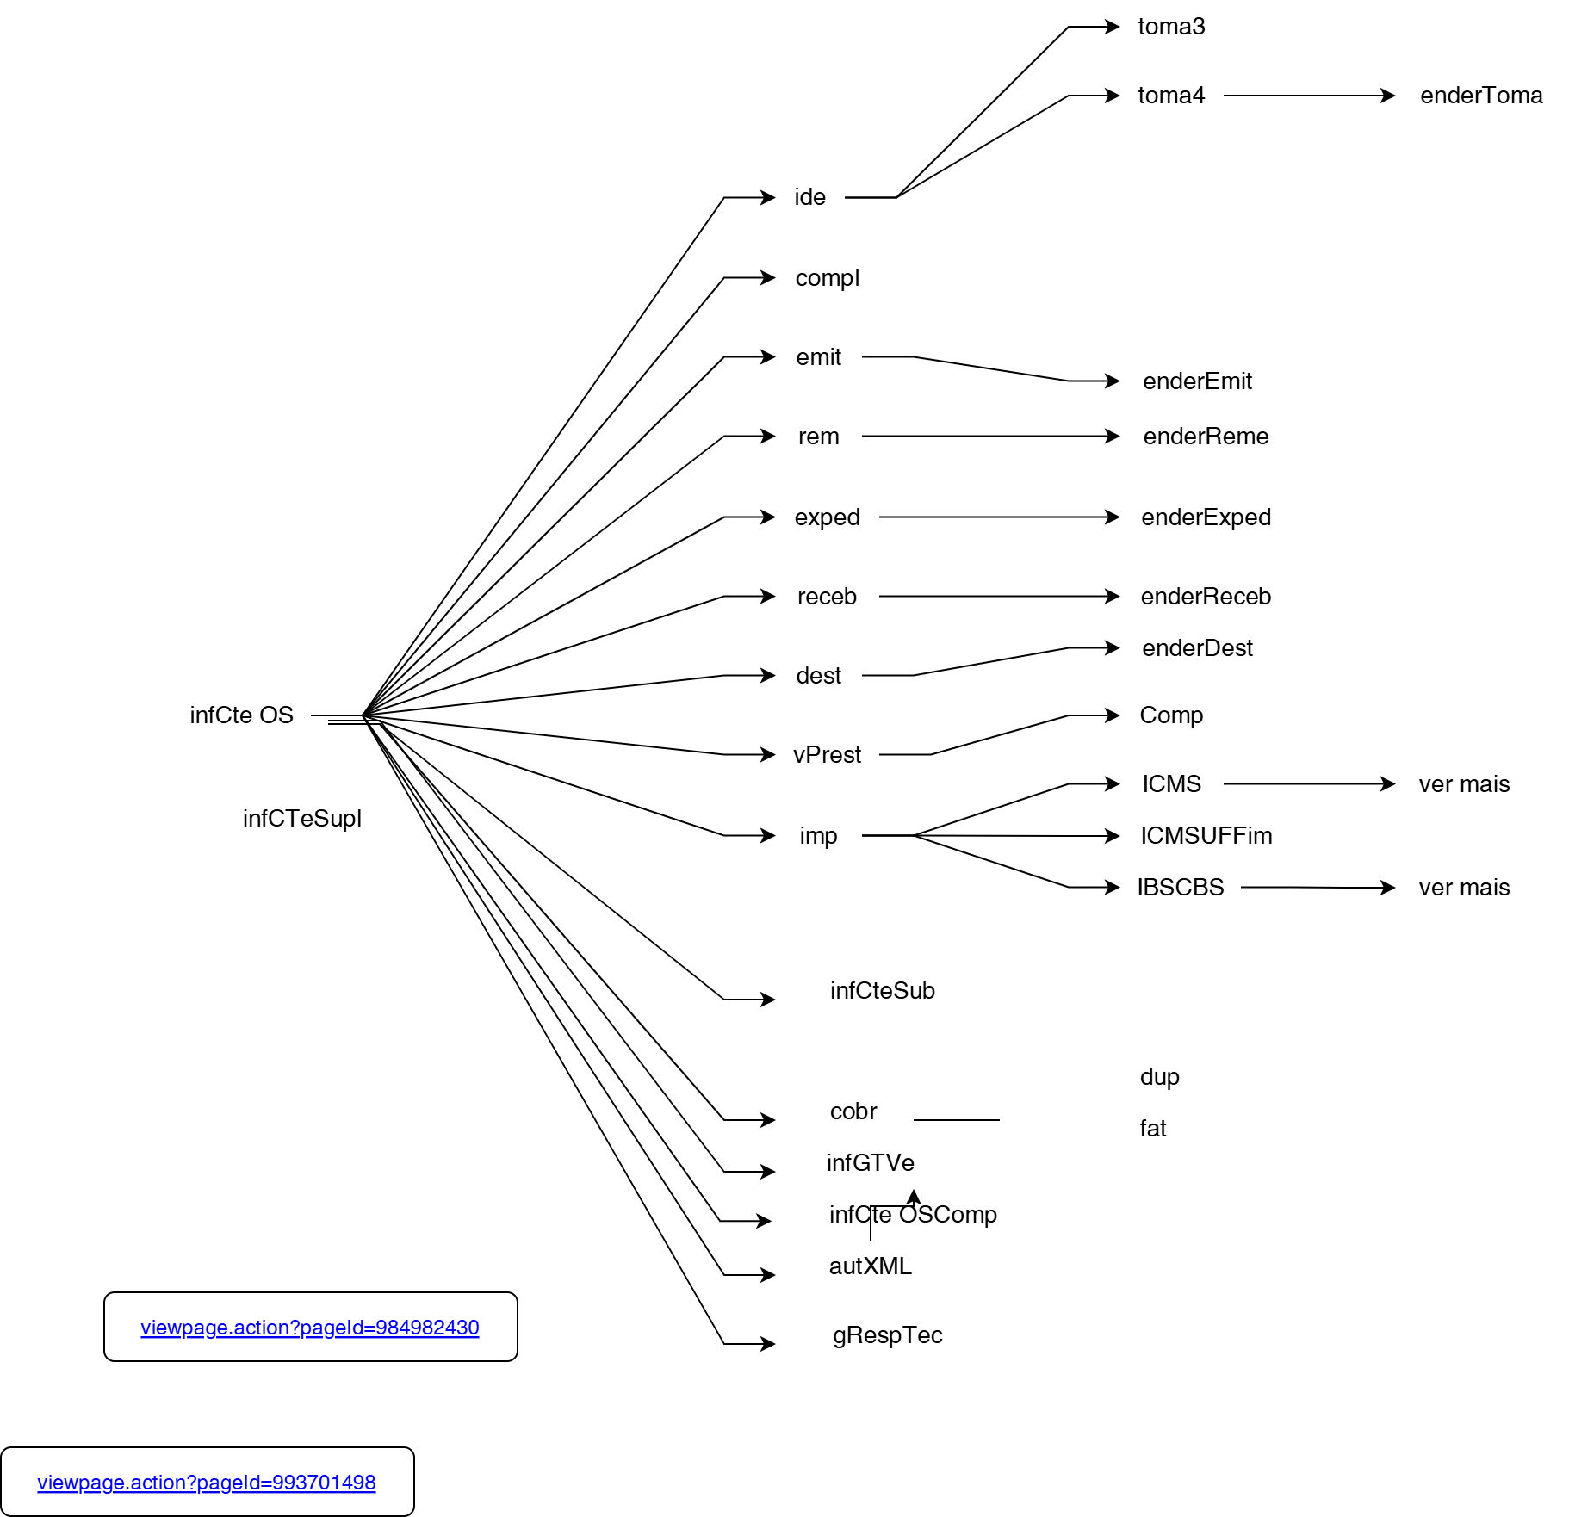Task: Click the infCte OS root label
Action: coord(241,715)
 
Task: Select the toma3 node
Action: coord(1171,27)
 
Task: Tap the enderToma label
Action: coord(1481,96)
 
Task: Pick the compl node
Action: coord(827,278)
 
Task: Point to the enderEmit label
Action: coord(1197,381)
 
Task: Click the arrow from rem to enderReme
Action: coord(990,437)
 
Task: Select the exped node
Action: coord(827,517)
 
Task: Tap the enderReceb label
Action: coord(1206,597)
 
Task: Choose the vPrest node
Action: coord(827,755)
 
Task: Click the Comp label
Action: coord(1171,715)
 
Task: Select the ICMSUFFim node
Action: coord(1206,836)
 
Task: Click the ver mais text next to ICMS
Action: coord(1464,784)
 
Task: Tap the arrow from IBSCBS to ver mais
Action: coord(1318,887)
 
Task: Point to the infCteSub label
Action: coord(882,991)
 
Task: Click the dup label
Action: coord(1159,1077)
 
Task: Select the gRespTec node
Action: coord(887,1335)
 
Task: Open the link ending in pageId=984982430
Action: coord(310,1328)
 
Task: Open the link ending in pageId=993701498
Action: coord(207,1483)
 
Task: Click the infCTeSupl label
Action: coord(301,819)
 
